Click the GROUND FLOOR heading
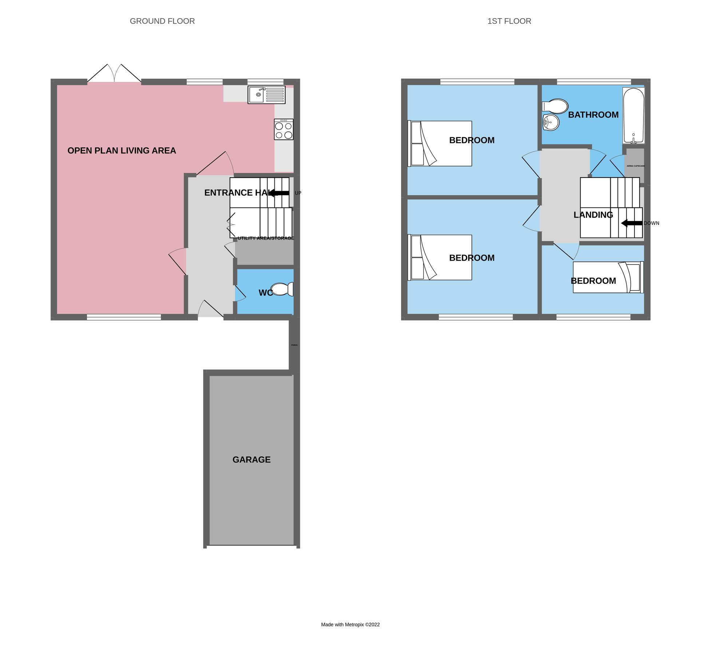pos(162,21)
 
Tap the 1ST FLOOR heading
pos(509,21)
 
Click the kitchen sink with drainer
pos(266,95)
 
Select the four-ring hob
pos(284,130)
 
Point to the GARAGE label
pos(252,460)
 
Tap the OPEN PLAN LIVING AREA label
pos(122,151)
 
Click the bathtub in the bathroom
pos(634,115)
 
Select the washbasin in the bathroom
pos(551,123)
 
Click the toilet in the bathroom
pos(555,106)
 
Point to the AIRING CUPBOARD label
pos(635,166)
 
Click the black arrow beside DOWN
pos(631,223)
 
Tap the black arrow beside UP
pos(279,193)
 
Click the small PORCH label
pos(294,345)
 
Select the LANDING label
pos(593,215)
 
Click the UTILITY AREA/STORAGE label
pos(266,238)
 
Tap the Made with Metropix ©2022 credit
pos(350,625)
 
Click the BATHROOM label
pos(593,115)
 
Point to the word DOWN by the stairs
pos(652,223)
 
